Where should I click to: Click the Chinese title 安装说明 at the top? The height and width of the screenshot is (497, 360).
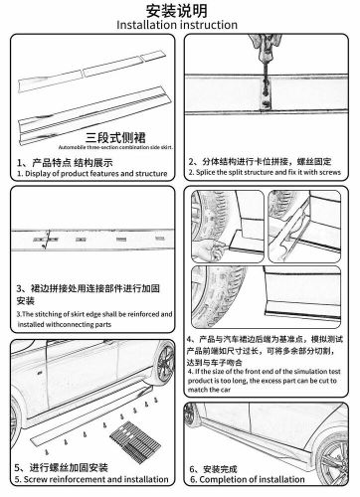(179, 9)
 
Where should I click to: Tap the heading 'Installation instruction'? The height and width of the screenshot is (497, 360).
(179, 24)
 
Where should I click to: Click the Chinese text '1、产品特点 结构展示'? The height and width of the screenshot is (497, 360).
(67, 159)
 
